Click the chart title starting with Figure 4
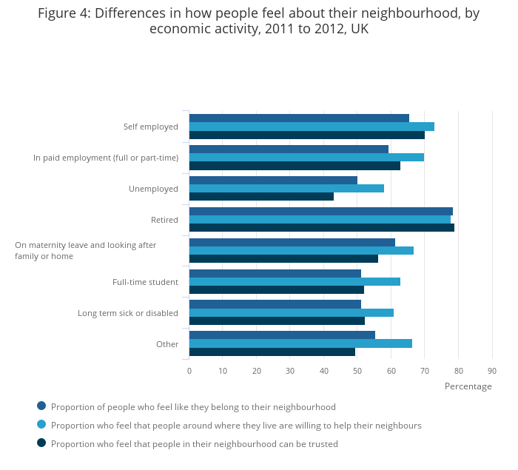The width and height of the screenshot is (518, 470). pyautogui.click(x=259, y=21)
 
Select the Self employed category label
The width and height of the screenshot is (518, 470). pyautogui.click(x=150, y=127)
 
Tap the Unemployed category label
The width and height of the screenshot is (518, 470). pyautogui.click(x=153, y=189)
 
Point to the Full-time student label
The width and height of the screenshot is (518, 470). pyautogui.click(x=145, y=282)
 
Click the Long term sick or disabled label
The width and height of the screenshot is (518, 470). pyautogui.click(x=128, y=313)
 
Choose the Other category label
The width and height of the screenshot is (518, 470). pyautogui.click(x=167, y=344)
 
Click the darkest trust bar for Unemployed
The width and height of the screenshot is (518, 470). pyautogui.click(x=261, y=197)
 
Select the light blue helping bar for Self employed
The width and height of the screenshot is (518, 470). pyautogui.click(x=312, y=127)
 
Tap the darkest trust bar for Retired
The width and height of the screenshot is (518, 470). pyautogui.click(x=321, y=228)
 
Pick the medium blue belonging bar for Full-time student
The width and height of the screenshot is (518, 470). pyautogui.click(x=275, y=273)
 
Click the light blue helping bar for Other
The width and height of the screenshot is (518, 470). pyautogui.click(x=300, y=343)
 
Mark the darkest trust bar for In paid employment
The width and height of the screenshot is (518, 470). pyautogui.click(x=295, y=166)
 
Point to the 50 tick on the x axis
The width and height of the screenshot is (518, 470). pyautogui.click(x=357, y=371)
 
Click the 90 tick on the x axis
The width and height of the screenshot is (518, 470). pyautogui.click(x=492, y=371)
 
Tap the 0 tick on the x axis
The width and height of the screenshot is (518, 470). pyautogui.click(x=189, y=371)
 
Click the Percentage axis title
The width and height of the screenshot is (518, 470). pyautogui.click(x=468, y=386)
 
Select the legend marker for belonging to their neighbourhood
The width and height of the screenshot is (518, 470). pyautogui.click(x=41, y=406)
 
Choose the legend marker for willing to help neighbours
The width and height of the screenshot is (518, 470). pyautogui.click(x=41, y=424)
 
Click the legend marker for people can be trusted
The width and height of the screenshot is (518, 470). pyautogui.click(x=41, y=443)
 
